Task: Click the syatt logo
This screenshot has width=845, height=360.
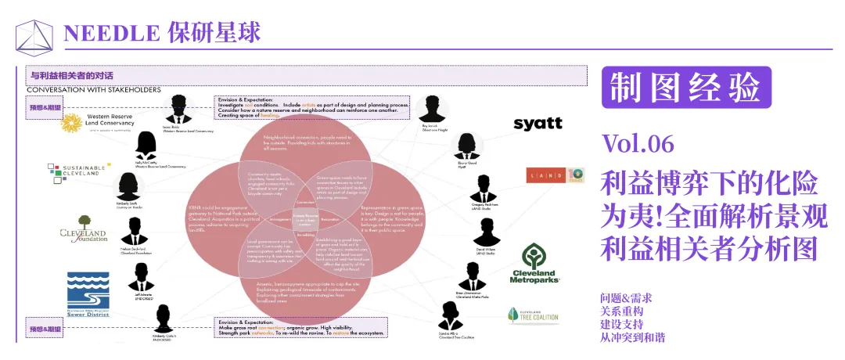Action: tap(538, 124)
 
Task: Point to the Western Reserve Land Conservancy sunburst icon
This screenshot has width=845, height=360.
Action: tap(72, 123)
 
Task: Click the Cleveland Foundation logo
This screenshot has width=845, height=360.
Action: tap(83, 234)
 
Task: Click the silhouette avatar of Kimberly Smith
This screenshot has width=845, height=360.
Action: tap(128, 189)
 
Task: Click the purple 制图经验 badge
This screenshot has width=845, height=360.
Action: tap(686, 88)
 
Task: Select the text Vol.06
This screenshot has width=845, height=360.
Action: tap(638, 144)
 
